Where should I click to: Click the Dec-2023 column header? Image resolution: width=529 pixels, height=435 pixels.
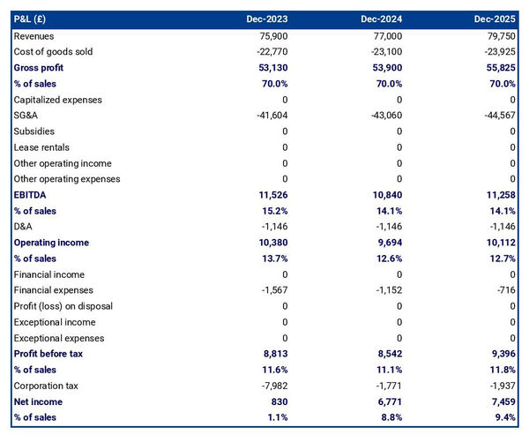click(267, 19)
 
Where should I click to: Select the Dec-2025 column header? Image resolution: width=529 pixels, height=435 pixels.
click(494, 19)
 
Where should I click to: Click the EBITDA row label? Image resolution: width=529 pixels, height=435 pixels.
click(31, 194)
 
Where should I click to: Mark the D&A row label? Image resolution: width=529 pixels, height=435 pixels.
click(24, 226)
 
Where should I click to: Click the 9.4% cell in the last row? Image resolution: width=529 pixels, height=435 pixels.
click(503, 417)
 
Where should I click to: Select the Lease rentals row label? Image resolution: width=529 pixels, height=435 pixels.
click(41, 146)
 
